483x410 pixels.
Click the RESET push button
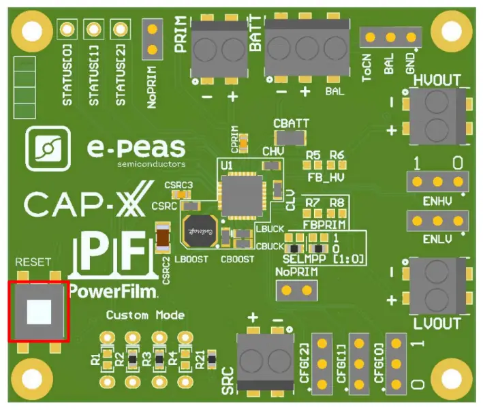(38, 311)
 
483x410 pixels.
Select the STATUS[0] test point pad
(67, 30)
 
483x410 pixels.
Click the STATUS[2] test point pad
(120, 30)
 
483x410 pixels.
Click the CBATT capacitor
(292, 138)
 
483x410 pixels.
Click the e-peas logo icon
(46, 148)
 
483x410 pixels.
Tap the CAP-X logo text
(76, 204)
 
